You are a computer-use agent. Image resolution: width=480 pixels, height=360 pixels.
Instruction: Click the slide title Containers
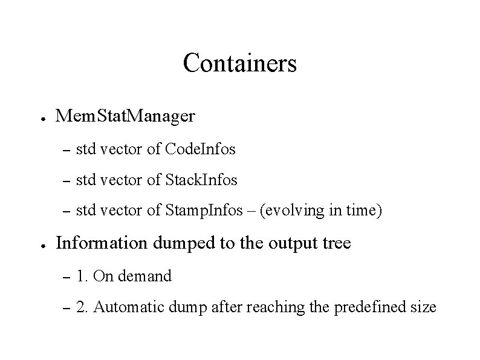point(239,63)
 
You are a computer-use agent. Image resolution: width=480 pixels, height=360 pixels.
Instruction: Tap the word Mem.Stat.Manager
point(125,115)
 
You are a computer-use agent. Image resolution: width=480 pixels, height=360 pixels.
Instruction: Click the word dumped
point(179,244)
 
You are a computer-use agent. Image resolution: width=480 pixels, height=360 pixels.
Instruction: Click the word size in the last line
point(423,307)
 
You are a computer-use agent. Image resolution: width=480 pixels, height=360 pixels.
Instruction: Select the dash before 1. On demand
point(66,277)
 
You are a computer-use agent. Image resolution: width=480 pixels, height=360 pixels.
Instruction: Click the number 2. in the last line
point(82,307)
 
